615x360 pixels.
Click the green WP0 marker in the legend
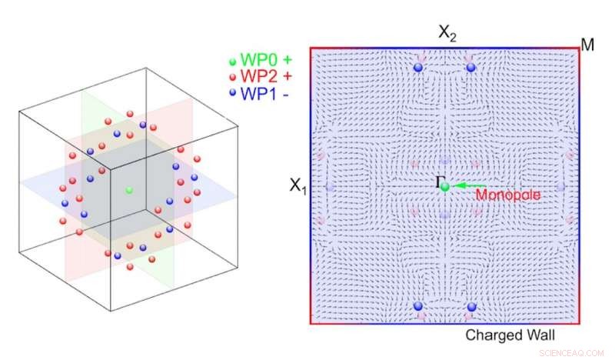pyautogui.click(x=233, y=62)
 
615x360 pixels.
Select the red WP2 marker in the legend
pyautogui.click(x=233, y=77)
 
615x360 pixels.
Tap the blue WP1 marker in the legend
pyautogui.click(x=233, y=92)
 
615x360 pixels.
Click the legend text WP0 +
pyautogui.click(x=266, y=60)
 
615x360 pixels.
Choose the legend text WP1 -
pyautogui.click(x=264, y=93)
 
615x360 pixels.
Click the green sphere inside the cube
pyautogui.click(x=129, y=191)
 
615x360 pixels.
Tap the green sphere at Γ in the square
pyautogui.click(x=445, y=187)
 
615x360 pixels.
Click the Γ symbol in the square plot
pyautogui.click(x=439, y=182)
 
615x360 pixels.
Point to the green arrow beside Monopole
pyautogui.click(x=468, y=185)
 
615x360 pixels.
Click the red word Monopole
pyautogui.click(x=508, y=195)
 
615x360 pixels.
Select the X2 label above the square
pyautogui.click(x=447, y=33)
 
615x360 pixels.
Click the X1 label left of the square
pyautogui.click(x=298, y=185)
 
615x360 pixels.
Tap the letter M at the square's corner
pyautogui.click(x=588, y=45)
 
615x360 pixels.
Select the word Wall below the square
pyautogui.click(x=540, y=335)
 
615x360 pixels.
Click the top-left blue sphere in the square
pyautogui.click(x=418, y=67)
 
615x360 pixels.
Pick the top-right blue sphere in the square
pyautogui.click(x=471, y=67)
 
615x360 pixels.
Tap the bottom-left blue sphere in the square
pyautogui.click(x=418, y=306)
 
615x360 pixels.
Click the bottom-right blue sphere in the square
pyautogui.click(x=471, y=307)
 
